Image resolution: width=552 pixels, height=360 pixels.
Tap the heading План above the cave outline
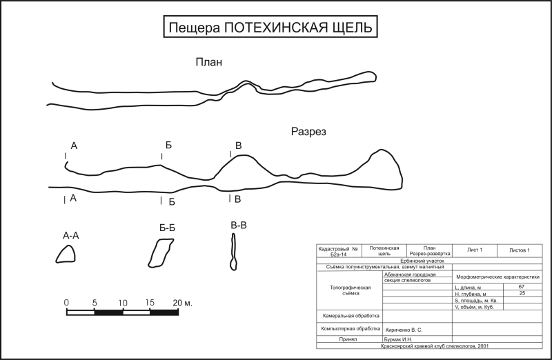point(208,63)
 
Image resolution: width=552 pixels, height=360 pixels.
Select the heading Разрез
point(308,132)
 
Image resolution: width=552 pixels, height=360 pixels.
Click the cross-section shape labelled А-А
point(66,254)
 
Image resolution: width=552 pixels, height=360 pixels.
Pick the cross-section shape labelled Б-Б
point(160,252)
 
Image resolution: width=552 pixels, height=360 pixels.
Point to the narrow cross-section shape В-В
point(234,252)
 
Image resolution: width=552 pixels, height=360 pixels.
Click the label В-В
point(239,225)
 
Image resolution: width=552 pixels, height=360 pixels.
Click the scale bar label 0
point(66,303)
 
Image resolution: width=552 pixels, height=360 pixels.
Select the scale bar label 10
point(122,303)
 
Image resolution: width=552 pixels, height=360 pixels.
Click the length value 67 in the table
point(521,286)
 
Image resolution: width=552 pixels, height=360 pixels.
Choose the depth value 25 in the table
point(521,294)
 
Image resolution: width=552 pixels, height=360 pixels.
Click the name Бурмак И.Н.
point(398,339)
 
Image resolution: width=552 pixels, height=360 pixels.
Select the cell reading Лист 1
point(475,250)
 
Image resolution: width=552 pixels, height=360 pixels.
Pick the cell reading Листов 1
point(519,250)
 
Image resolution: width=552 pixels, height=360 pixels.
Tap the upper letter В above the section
point(239,145)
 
